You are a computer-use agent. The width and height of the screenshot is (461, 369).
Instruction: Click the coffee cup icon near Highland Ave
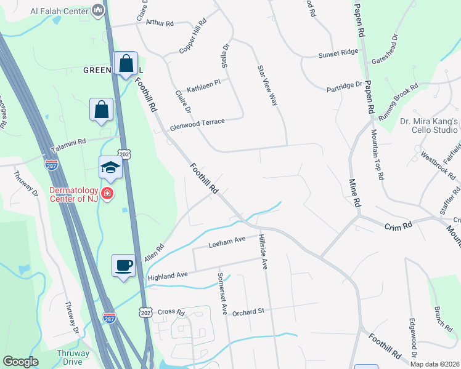click(x=124, y=265)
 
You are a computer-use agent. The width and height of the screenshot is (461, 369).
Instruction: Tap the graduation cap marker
click(x=111, y=167)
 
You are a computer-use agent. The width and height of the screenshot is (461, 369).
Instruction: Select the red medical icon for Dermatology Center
click(x=107, y=193)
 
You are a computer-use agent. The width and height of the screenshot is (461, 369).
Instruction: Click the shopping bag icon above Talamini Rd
click(x=102, y=110)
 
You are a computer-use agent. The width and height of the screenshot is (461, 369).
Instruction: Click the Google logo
click(x=20, y=362)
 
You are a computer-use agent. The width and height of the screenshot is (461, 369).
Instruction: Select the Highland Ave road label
click(x=167, y=277)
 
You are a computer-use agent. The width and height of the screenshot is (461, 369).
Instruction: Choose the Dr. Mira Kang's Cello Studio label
click(x=429, y=126)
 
